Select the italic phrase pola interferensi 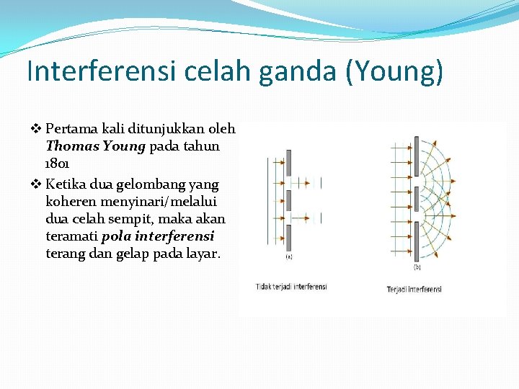158,236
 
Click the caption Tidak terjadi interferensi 291,287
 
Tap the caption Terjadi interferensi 414,289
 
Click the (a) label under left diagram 288,256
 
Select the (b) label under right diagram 417,267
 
